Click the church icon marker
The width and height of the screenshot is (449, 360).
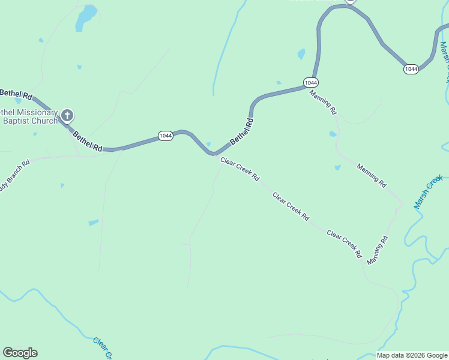point(67,115)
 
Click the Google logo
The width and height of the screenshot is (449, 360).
point(20,353)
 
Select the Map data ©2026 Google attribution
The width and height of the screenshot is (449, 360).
point(412,355)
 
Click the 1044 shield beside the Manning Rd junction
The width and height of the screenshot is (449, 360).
point(310,82)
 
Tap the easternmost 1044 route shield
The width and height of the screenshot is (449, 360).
point(411,69)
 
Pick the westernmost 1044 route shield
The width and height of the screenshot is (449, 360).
point(166,136)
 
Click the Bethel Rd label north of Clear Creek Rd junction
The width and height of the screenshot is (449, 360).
point(242,130)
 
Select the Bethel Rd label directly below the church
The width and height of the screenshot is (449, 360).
point(88,141)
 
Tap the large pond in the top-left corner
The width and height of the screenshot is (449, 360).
point(85,17)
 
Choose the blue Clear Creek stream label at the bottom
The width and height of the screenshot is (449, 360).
point(103,348)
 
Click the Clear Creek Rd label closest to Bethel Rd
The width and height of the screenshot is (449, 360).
point(240,169)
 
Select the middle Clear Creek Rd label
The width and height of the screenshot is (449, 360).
point(291,205)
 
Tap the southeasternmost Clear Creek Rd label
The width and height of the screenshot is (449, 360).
point(344,243)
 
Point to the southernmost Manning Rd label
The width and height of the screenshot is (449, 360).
point(378,250)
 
